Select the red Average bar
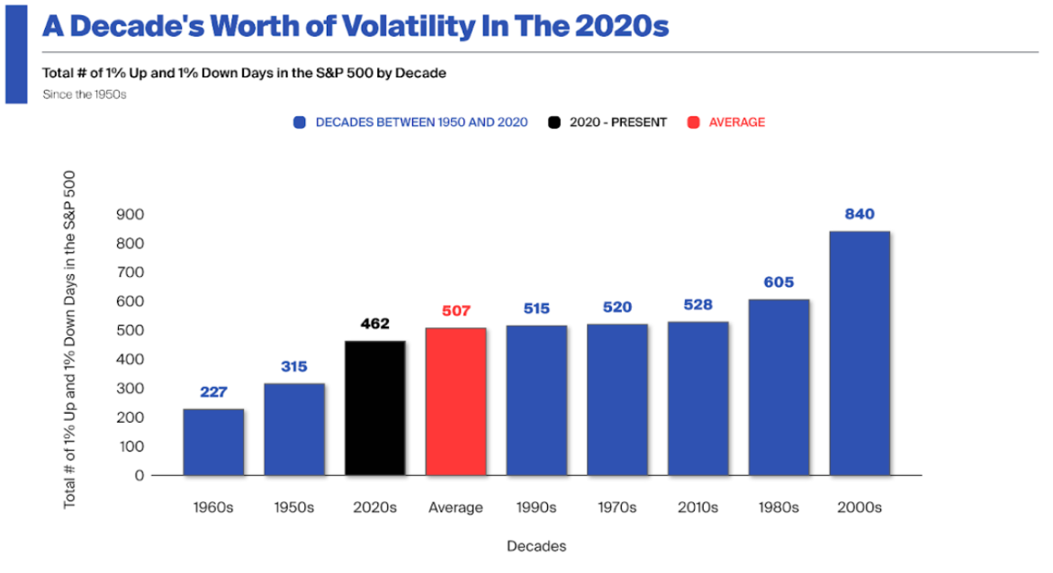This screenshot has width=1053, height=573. (x=456, y=401)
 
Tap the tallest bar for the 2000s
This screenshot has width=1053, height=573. (x=859, y=353)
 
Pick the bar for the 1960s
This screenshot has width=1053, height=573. (x=213, y=442)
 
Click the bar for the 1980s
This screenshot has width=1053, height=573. (x=778, y=387)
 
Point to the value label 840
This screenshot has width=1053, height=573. (x=859, y=214)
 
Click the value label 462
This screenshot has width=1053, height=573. (x=375, y=324)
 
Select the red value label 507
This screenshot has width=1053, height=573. (x=456, y=311)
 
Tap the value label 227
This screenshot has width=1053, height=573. (x=213, y=392)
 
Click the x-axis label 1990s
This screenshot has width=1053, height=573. (x=536, y=507)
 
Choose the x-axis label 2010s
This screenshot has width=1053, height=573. (x=697, y=507)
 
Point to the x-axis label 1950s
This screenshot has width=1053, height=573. (x=294, y=507)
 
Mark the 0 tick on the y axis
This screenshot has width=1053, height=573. (x=139, y=476)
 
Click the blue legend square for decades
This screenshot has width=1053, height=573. (x=300, y=122)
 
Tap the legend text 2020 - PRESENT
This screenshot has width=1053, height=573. (x=618, y=122)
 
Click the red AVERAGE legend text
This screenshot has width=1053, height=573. (x=736, y=122)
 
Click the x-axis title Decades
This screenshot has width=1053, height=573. (x=536, y=546)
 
